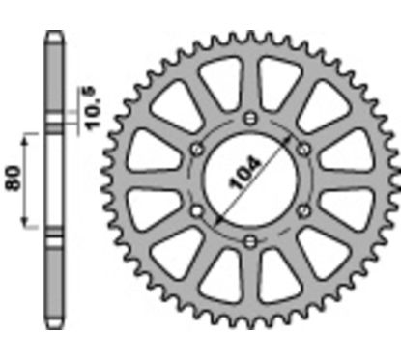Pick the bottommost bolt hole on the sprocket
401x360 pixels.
249,239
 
